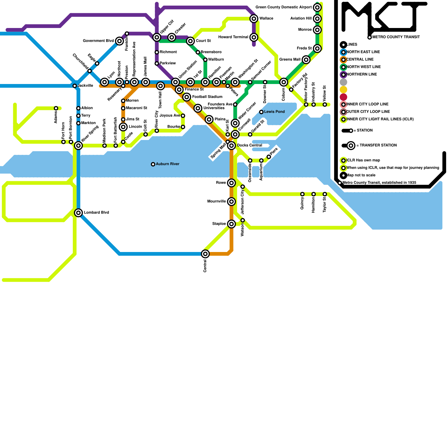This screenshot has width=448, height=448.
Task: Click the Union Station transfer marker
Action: (176, 82)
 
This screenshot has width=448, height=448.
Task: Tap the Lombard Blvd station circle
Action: (79, 213)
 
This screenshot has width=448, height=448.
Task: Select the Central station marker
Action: (205, 254)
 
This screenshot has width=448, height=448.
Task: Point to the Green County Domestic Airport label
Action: (283, 7)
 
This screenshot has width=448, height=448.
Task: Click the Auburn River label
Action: (167, 164)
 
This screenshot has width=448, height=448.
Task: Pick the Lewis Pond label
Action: (274, 112)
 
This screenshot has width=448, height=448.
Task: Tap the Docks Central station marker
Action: (231, 146)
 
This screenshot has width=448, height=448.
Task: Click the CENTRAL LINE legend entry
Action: (360, 59)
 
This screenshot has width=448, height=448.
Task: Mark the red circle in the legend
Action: (343, 97)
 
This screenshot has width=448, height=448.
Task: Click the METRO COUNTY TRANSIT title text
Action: (396, 37)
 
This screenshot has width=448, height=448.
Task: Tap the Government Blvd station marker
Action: (120, 41)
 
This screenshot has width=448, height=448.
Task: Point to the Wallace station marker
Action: (254, 19)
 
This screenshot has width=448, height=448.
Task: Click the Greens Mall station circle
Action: (306, 60)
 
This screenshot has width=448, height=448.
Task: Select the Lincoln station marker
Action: (123, 127)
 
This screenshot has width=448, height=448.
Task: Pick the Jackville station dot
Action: (75, 86)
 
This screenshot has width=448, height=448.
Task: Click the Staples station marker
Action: (231, 224)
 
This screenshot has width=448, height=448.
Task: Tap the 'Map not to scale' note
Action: (361, 175)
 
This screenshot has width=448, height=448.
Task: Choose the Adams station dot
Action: (56, 108)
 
